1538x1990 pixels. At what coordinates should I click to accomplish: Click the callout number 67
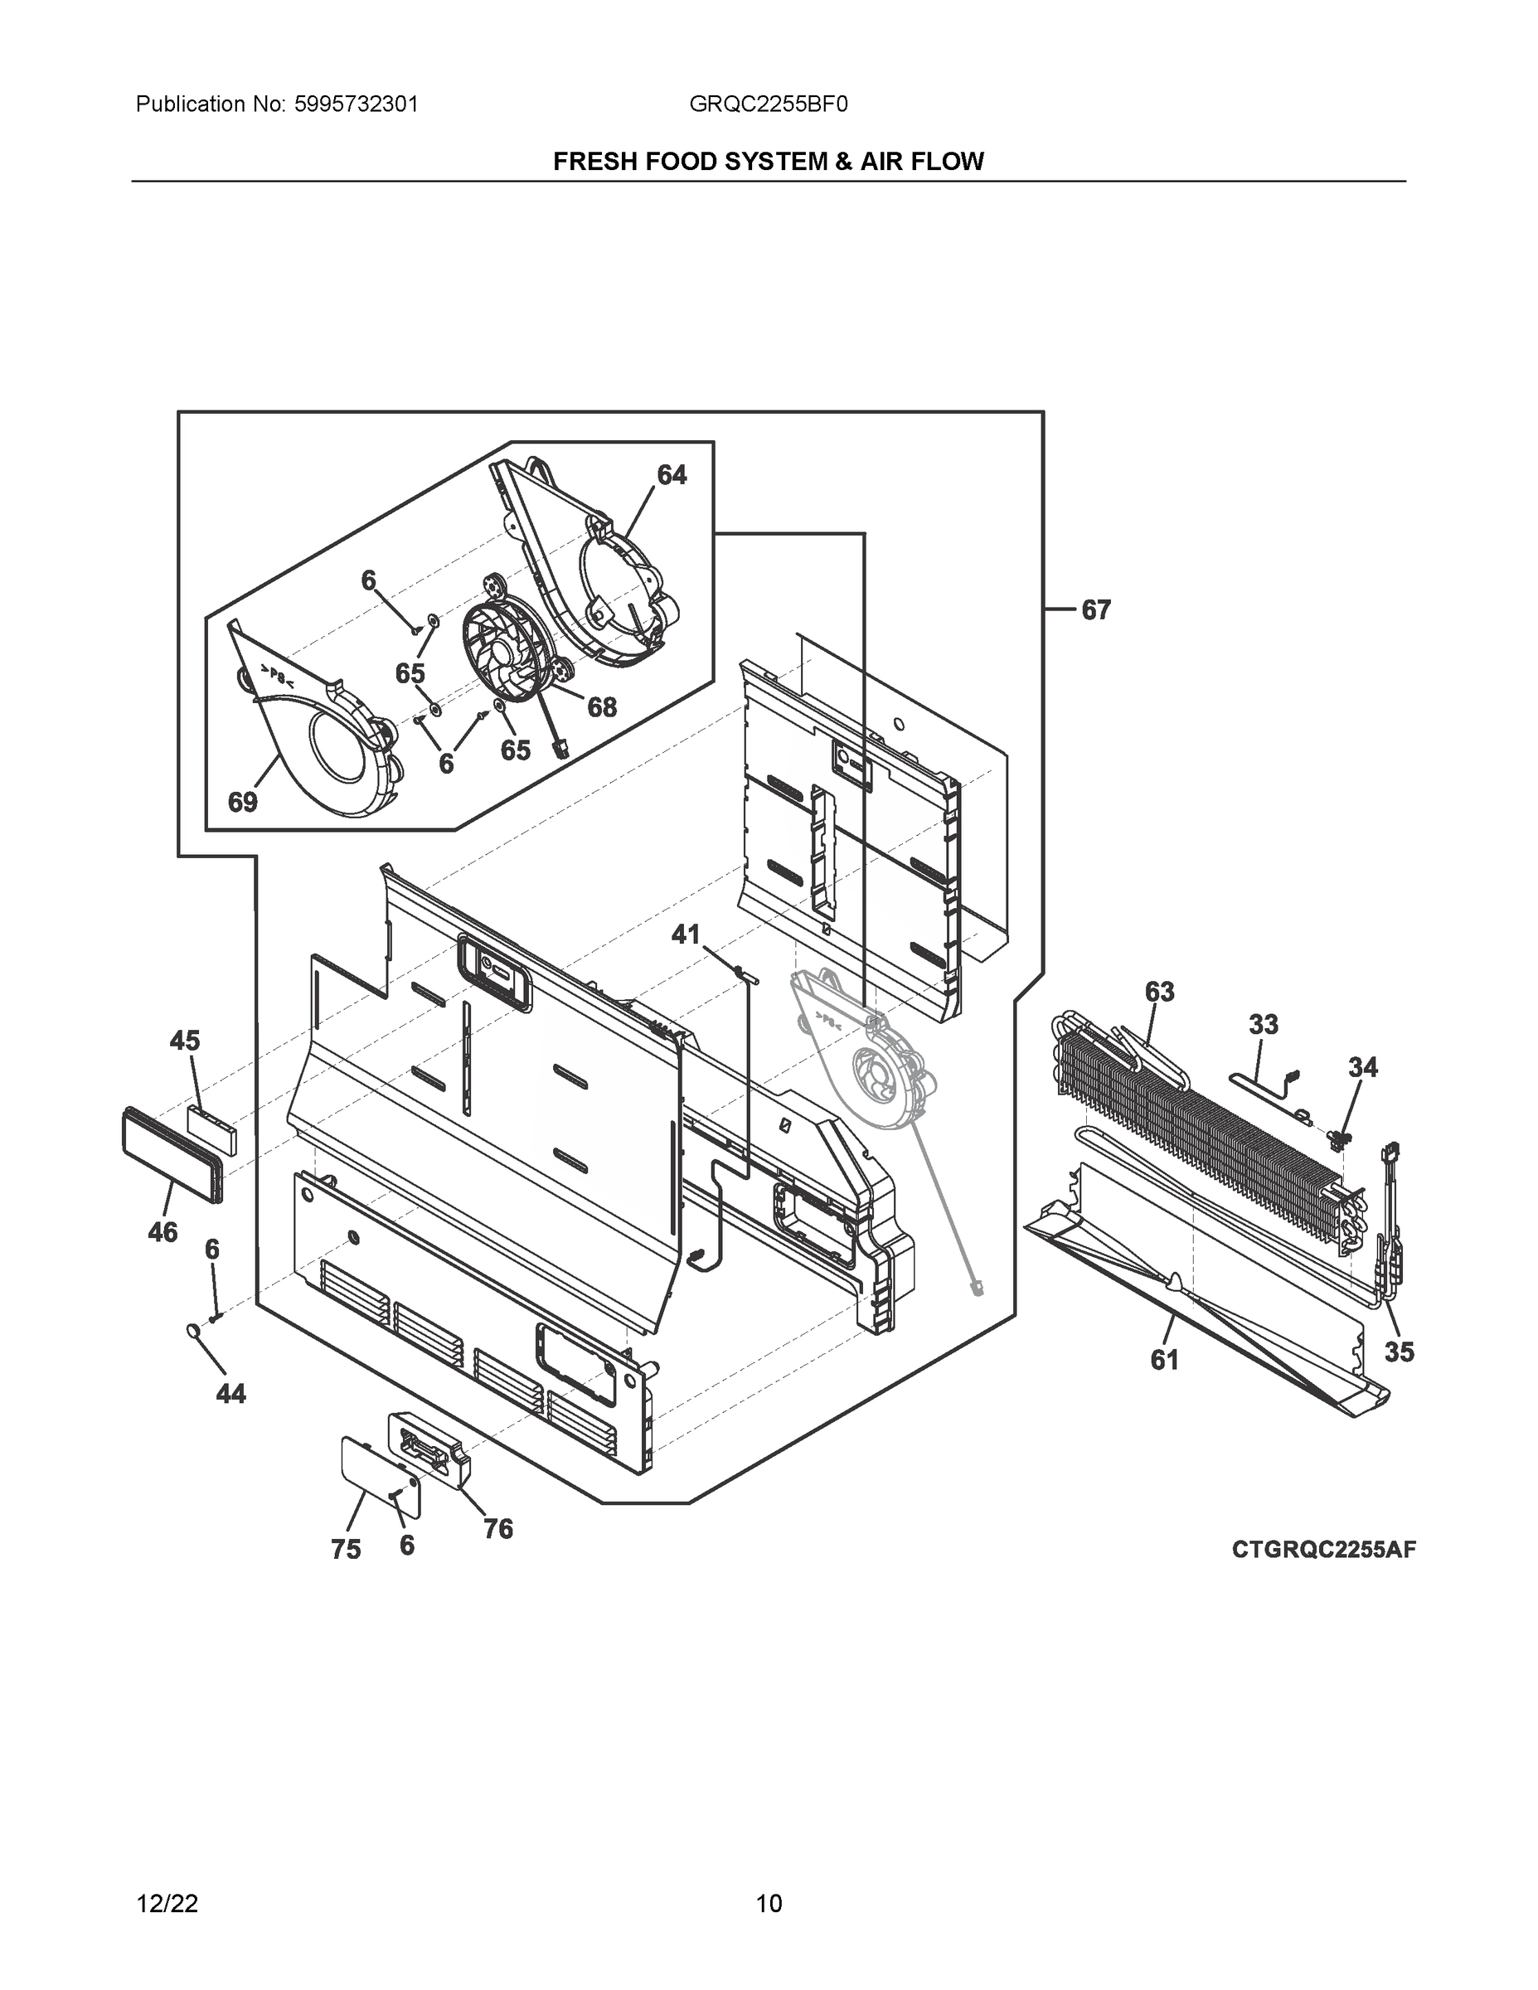[x=1096, y=610]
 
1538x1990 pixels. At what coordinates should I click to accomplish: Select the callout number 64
[x=672, y=475]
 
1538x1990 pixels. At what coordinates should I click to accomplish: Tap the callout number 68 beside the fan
[x=601, y=707]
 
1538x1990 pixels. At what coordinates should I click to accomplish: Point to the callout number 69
[x=242, y=803]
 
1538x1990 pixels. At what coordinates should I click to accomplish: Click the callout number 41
[x=685, y=934]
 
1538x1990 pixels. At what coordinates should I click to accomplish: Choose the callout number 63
[x=1159, y=992]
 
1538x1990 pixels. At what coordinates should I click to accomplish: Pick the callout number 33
[x=1263, y=1025]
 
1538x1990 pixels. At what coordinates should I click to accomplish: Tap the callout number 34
[x=1363, y=1067]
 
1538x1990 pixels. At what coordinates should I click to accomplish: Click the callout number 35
[x=1399, y=1352]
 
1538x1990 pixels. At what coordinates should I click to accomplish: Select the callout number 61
[x=1164, y=1361]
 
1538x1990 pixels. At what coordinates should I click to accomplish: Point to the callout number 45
[x=185, y=1041]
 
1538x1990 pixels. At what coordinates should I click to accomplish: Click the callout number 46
[x=163, y=1233]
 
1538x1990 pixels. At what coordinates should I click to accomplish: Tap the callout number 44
[x=230, y=1394]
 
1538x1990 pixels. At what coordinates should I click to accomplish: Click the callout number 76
[x=498, y=1529]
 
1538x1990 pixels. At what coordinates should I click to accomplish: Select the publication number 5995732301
[x=356, y=104]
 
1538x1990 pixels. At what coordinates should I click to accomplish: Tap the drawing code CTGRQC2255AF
[x=1324, y=1550]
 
